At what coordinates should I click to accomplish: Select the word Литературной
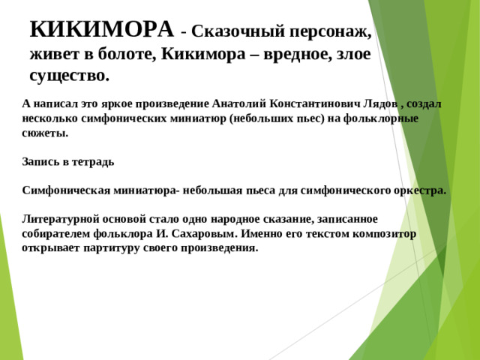59,219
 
